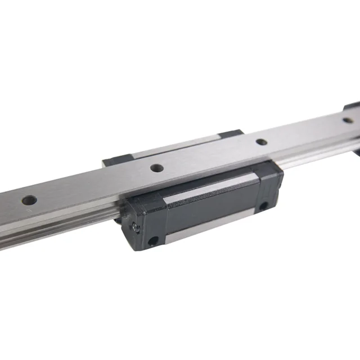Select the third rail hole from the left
tap(260, 142)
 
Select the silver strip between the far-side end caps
tap(169, 147)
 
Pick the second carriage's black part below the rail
tap(355, 152)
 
